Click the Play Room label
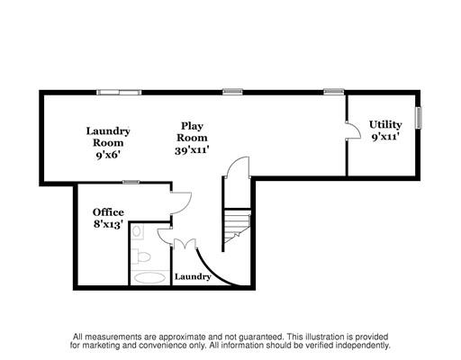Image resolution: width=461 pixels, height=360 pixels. (x=192, y=131)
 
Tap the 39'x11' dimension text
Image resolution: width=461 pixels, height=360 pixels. (x=192, y=150)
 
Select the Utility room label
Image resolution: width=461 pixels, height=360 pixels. (x=385, y=124)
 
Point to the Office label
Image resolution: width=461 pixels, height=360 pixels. (x=108, y=212)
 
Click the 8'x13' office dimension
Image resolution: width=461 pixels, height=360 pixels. (x=108, y=224)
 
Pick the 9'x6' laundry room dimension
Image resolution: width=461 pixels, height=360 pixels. (x=108, y=155)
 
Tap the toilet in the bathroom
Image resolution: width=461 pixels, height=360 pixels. (x=140, y=256)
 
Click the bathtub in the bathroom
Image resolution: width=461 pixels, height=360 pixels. (x=149, y=278)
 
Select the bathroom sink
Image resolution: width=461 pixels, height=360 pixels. (x=138, y=231)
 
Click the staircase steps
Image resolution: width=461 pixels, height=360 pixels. (x=237, y=226)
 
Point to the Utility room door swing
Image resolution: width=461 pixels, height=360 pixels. (x=353, y=130)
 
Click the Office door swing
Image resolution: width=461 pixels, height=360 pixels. (x=181, y=202)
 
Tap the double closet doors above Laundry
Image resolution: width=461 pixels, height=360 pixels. (x=185, y=243)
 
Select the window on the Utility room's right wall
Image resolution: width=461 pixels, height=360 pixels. (x=419, y=118)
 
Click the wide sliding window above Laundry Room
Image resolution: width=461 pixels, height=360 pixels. (x=119, y=92)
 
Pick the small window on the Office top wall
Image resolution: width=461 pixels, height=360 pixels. (x=131, y=182)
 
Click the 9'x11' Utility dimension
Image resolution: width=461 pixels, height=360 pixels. (x=385, y=137)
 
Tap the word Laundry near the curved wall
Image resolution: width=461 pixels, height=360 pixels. (x=193, y=276)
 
